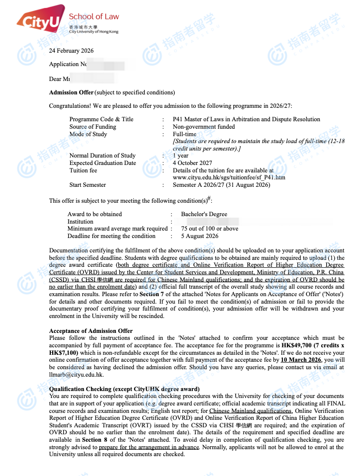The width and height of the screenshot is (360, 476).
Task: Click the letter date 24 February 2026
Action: pos(71,51)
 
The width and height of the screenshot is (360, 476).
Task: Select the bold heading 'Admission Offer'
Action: pos(71,92)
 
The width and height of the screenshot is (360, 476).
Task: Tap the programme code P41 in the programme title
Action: pos(178,119)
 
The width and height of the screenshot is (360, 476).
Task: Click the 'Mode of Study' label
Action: pos(88,134)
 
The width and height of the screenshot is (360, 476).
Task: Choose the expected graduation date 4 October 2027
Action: pos(192,163)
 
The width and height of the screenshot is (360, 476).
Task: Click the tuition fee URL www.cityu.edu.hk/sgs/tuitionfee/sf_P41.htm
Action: pos(229,177)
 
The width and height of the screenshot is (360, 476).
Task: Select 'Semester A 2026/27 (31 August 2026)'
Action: pos(221,185)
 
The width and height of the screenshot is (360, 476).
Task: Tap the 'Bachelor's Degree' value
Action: pos(204,214)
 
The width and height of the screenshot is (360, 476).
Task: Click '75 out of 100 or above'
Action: pos(209,229)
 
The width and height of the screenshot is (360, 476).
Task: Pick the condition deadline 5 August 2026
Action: pos(199,236)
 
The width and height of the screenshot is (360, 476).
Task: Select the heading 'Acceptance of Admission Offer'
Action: pos(91,331)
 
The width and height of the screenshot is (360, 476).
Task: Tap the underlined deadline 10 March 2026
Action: pos(301,360)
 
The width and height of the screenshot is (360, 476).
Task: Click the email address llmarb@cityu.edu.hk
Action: pos(76,374)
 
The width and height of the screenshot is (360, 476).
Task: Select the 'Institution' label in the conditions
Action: pos(81,222)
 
